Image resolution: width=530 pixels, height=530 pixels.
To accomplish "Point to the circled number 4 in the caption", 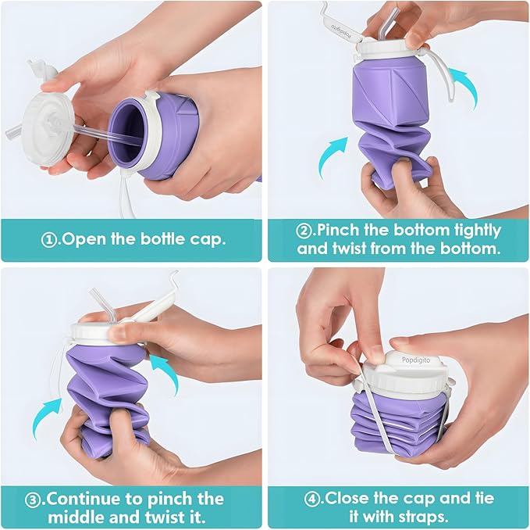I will tap(309, 498).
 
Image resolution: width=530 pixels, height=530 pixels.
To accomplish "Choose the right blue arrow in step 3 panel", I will tap(161, 366).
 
